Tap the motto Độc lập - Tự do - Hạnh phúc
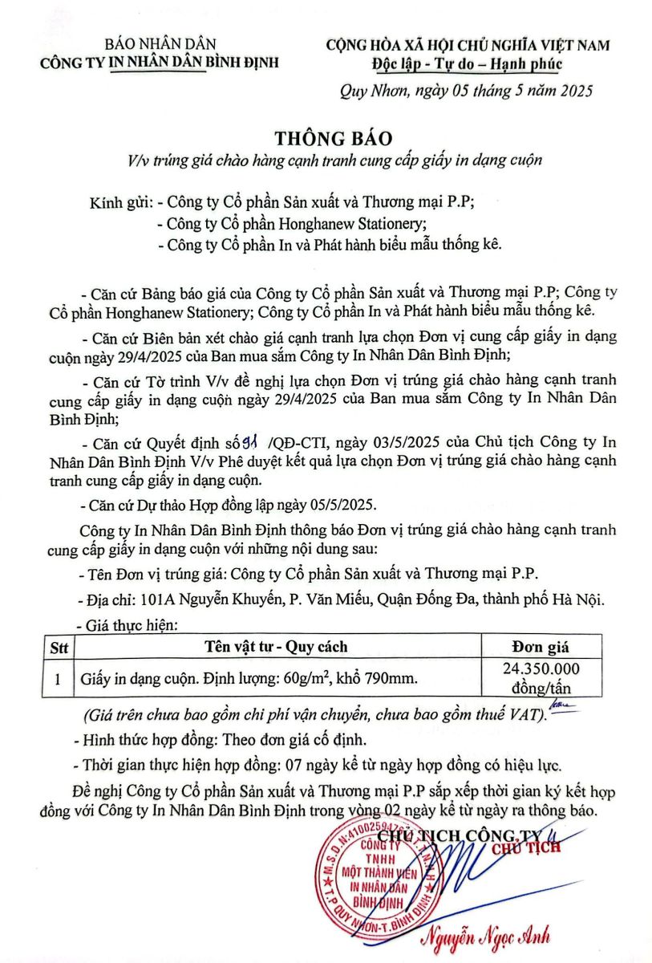(x=467, y=65)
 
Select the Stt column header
(x=59, y=647)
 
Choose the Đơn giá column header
(x=540, y=647)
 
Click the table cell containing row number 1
(x=59, y=679)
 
